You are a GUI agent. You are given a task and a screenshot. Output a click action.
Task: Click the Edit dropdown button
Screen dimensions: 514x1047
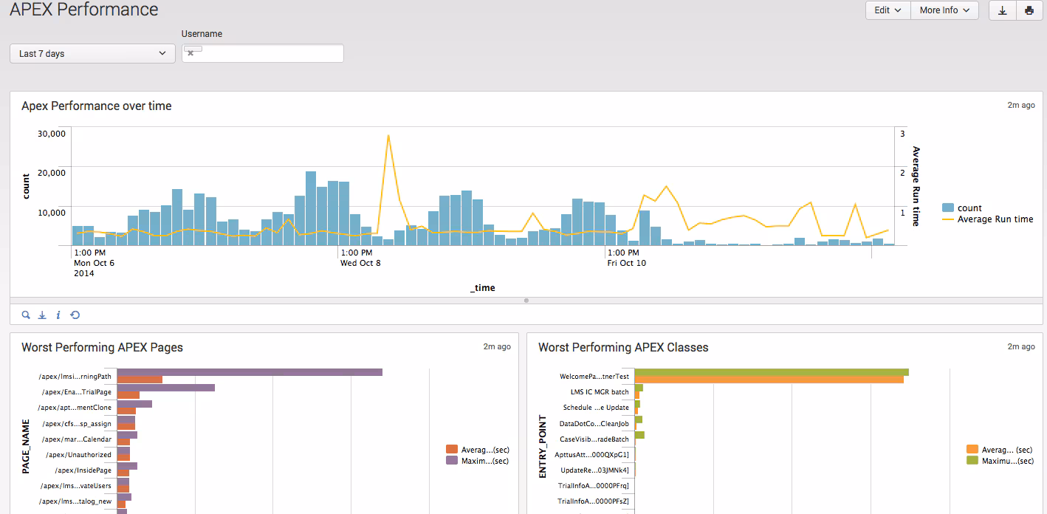tap(888, 10)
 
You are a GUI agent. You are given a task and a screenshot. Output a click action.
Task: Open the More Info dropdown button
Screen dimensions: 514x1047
tap(944, 10)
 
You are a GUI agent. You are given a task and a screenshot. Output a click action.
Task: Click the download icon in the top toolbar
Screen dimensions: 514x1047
tap(1002, 10)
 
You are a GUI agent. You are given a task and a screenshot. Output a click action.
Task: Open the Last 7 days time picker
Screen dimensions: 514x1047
tap(92, 54)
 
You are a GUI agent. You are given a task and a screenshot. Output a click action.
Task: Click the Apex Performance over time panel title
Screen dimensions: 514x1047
tap(97, 106)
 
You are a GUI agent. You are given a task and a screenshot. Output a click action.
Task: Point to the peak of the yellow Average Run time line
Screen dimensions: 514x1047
tap(388, 136)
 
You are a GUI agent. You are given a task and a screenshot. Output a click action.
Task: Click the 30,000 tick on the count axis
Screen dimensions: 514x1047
tap(51, 134)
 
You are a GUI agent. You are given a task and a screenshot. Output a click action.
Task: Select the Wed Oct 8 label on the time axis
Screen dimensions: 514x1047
tap(360, 263)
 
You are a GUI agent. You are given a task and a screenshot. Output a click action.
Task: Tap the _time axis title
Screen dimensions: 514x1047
tap(482, 288)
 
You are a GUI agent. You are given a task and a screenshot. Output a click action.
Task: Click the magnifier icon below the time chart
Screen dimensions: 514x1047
tap(26, 315)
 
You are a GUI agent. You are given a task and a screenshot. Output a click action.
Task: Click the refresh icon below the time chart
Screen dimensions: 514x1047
tap(75, 315)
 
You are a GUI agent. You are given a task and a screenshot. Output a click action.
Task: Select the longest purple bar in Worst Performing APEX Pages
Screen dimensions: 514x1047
tap(250, 372)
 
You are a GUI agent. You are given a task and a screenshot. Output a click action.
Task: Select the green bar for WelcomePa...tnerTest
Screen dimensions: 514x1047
tap(771, 372)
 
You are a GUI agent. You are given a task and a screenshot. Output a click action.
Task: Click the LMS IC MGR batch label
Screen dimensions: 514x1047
tap(600, 392)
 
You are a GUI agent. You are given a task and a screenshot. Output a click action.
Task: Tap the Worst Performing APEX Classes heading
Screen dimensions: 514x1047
tap(623, 348)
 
